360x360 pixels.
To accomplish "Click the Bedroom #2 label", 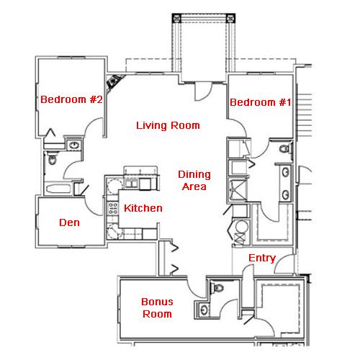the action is tap(71, 99).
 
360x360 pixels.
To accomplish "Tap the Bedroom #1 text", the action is tap(261, 102).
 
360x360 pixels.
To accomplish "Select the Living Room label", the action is tap(168, 125).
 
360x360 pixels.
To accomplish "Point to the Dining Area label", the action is tap(194, 181).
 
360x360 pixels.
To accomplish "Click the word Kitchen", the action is tap(143, 208).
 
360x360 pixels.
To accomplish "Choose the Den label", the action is tap(69, 222).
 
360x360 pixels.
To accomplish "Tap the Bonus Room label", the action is tap(157, 308).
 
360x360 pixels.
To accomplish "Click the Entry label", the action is tap(262, 258).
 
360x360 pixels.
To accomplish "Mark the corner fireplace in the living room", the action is tap(114, 82).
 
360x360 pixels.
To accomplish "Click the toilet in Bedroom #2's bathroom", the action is tap(52, 158).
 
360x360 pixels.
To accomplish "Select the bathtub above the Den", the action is tap(58, 189).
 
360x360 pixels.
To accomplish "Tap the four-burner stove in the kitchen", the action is tap(113, 209).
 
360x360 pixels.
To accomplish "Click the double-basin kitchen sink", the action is tap(130, 183).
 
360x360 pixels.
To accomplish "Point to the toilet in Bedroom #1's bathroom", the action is tap(286, 148).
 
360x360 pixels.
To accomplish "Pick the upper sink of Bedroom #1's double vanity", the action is tap(286, 172).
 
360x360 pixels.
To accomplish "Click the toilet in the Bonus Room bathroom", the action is tap(217, 287).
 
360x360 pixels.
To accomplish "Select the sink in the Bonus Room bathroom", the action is tap(204, 310).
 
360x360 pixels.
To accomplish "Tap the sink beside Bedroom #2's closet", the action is tap(74, 145).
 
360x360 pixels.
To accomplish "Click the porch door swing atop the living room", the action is tap(203, 91).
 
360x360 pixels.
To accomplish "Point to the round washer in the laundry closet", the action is tap(241, 227).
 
